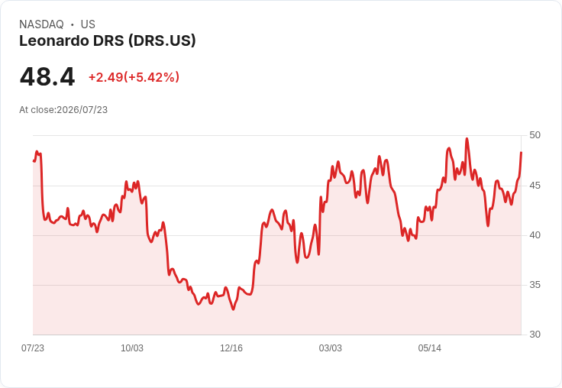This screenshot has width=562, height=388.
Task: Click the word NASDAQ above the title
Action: coord(41,24)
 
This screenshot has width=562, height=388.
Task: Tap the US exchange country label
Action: coord(88,24)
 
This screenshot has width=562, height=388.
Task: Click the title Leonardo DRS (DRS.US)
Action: coord(108,41)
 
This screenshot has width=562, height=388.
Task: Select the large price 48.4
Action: coord(47,76)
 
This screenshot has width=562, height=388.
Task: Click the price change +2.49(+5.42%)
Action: coord(134,77)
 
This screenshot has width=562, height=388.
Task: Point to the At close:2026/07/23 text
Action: coord(63,110)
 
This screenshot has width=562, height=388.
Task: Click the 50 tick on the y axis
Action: coord(535,135)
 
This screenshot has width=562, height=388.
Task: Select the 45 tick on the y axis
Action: coord(535,186)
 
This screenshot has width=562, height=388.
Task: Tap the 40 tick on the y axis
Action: coord(535,235)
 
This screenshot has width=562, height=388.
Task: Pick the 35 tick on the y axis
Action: coord(535,285)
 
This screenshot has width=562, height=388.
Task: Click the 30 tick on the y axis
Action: coord(535,335)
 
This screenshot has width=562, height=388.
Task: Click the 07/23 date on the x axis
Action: coord(33,348)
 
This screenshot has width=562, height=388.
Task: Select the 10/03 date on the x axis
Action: coord(132,348)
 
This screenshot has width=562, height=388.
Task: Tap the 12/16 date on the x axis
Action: coord(231,348)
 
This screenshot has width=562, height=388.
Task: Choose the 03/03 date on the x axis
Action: coord(331,348)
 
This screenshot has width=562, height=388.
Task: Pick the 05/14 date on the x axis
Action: coord(430,348)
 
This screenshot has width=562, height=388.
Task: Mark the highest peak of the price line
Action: coord(467,139)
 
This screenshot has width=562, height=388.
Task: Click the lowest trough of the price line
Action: coord(234,309)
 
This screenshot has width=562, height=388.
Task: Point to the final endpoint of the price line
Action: coord(521,153)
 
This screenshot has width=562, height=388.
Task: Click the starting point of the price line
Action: coord(34,161)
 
